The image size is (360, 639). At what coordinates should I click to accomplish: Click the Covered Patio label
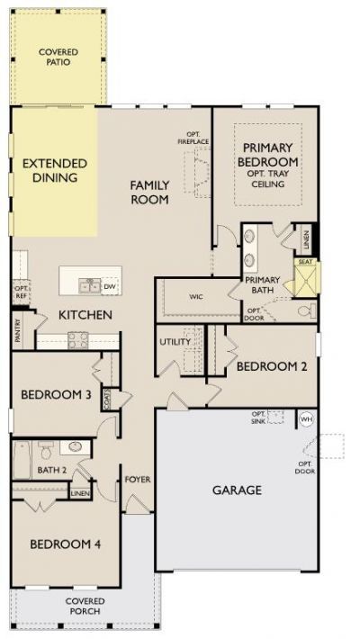(x=58, y=57)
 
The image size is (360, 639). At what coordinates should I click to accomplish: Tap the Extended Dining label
(x=55, y=170)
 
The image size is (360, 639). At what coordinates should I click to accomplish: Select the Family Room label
(x=149, y=192)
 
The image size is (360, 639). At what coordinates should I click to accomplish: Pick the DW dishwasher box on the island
(x=110, y=286)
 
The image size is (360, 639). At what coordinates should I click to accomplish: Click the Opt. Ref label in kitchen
(x=21, y=291)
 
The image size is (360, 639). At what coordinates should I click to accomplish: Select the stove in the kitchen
(x=78, y=339)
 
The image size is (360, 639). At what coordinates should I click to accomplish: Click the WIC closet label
(x=196, y=295)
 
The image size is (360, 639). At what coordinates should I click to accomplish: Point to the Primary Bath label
(x=264, y=284)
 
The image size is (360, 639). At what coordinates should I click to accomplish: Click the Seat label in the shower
(x=304, y=264)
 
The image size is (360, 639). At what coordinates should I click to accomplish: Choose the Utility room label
(x=175, y=342)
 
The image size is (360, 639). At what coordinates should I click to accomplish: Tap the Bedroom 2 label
(x=265, y=366)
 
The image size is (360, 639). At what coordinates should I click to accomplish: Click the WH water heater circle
(x=305, y=418)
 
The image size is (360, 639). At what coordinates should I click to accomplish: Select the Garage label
(x=237, y=490)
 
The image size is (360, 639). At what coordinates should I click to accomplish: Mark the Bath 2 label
(x=52, y=470)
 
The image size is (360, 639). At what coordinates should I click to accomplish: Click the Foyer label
(x=137, y=479)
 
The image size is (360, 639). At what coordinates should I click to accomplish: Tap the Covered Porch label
(x=85, y=606)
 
